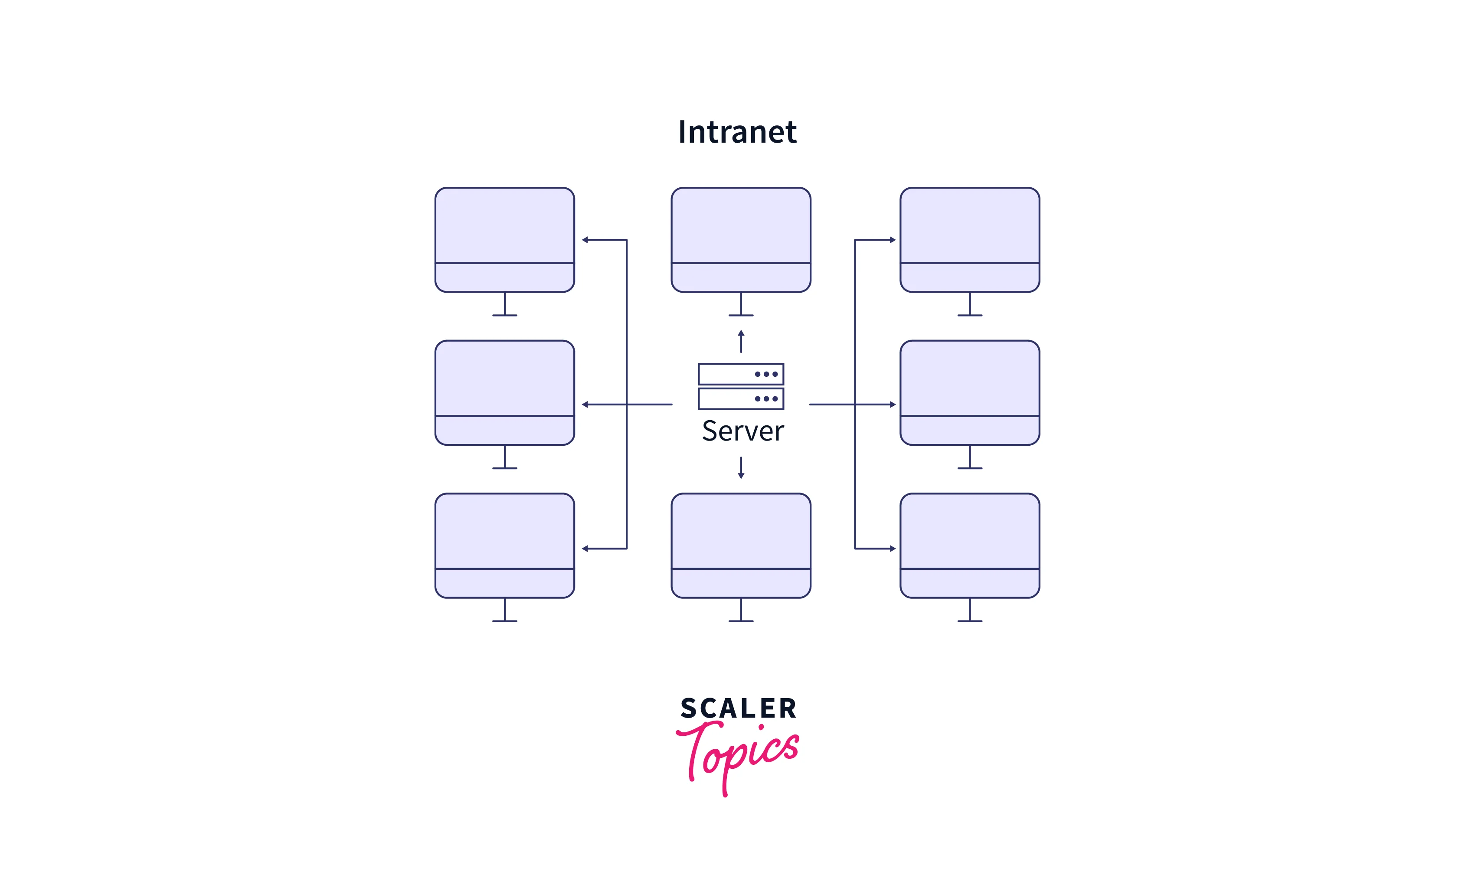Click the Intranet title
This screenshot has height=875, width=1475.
[x=737, y=131]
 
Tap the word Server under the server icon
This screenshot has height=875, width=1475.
[x=742, y=431]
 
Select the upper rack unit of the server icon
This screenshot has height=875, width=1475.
[x=741, y=374]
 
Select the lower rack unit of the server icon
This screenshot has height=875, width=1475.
[x=741, y=398]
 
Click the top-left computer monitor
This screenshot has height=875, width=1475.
[x=504, y=239]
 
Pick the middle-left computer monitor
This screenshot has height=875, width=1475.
[x=504, y=392]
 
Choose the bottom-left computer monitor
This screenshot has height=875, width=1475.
[x=504, y=545]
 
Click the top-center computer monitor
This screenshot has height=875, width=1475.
[x=741, y=239]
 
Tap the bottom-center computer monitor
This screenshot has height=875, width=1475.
[x=741, y=545]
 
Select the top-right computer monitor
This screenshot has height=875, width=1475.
[x=970, y=239]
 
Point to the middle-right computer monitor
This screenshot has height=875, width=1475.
[x=970, y=392]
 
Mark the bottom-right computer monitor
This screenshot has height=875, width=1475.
[x=970, y=545]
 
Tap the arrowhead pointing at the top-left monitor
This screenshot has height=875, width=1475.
[x=585, y=240]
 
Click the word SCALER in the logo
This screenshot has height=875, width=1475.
[x=739, y=708]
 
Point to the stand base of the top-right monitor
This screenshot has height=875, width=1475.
[x=970, y=316]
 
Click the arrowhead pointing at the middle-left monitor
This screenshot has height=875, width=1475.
[x=585, y=405]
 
